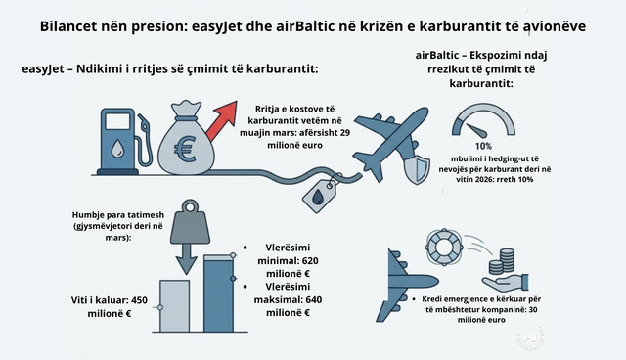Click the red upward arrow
click(222, 120)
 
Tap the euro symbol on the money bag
click(185, 150)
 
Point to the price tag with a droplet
click(320, 196)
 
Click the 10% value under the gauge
click(483, 146)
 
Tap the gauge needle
click(477, 130)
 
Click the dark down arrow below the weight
click(187, 259)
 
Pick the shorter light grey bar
click(175, 306)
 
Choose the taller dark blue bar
click(218, 293)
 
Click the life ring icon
click(444, 247)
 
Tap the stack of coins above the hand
click(502, 261)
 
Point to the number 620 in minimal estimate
click(310, 261)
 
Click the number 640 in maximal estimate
click(313, 299)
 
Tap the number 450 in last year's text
click(139, 300)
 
